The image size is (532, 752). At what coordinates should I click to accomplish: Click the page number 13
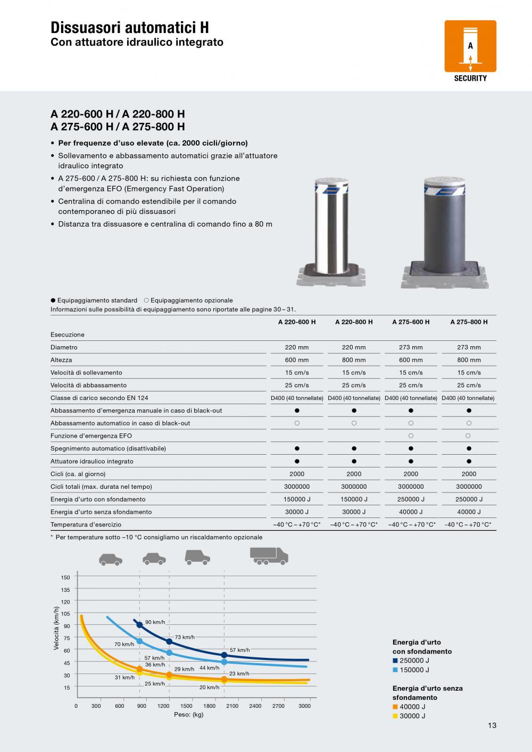pyautogui.click(x=492, y=725)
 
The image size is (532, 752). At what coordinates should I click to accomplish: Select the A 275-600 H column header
pyautogui.click(x=411, y=322)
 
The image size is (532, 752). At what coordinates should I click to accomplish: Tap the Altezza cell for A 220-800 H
pyautogui.click(x=354, y=360)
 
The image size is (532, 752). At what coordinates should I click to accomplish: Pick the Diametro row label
pyautogui.click(x=64, y=347)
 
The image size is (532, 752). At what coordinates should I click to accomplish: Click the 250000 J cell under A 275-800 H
pyautogui.click(x=469, y=499)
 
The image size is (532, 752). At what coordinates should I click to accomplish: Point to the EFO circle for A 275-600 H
pyautogui.click(x=411, y=436)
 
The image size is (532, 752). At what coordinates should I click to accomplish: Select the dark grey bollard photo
pyautogui.click(x=444, y=231)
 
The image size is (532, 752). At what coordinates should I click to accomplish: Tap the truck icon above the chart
pyautogui.click(x=269, y=556)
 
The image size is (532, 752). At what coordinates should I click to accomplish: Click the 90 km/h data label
pyautogui.click(x=155, y=622)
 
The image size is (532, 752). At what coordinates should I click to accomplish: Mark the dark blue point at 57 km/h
pyautogui.click(x=224, y=655)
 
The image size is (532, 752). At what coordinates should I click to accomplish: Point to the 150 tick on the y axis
pyautogui.click(x=65, y=578)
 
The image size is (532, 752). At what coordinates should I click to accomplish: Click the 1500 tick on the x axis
pyautogui.click(x=186, y=706)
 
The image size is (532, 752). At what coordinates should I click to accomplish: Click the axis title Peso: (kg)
pyautogui.click(x=189, y=715)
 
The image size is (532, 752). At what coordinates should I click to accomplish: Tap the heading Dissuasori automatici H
pyautogui.click(x=130, y=28)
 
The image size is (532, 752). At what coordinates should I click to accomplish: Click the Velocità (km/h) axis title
pyautogui.click(x=56, y=629)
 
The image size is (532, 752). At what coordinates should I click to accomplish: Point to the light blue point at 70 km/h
pyautogui.click(x=139, y=641)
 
